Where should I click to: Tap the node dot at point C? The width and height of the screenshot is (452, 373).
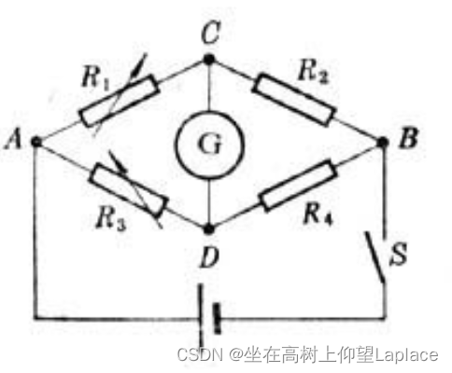tap(209, 59)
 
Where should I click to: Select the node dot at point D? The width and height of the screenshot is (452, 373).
tap(209, 229)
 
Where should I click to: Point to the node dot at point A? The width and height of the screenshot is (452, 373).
tap(36, 142)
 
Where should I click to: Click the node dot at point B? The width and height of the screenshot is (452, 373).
tap(383, 143)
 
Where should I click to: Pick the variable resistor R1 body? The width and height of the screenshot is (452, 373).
tap(120, 101)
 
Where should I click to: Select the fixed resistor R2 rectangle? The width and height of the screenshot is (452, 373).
tap(294, 100)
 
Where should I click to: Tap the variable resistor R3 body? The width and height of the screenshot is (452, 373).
tap(128, 190)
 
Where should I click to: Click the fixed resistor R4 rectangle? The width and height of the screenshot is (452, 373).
tap(298, 186)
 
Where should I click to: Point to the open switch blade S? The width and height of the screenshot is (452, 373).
tap(375, 257)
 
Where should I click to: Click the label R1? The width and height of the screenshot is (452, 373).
tap(96, 78)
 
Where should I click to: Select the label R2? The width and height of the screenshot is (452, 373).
tap(313, 72)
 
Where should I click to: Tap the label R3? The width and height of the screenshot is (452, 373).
tap(111, 218)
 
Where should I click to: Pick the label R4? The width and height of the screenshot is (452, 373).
tap(318, 214)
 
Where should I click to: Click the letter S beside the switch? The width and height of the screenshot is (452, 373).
tap(399, 254)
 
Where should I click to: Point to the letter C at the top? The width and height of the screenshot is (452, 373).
tap(211, 33)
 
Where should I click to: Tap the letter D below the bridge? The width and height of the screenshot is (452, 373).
tap(210, 257)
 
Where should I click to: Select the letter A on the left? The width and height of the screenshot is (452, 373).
tap(13, 139)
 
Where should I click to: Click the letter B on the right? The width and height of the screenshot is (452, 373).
tap(408, 138)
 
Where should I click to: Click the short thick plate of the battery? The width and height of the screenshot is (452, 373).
tap(217, 319)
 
